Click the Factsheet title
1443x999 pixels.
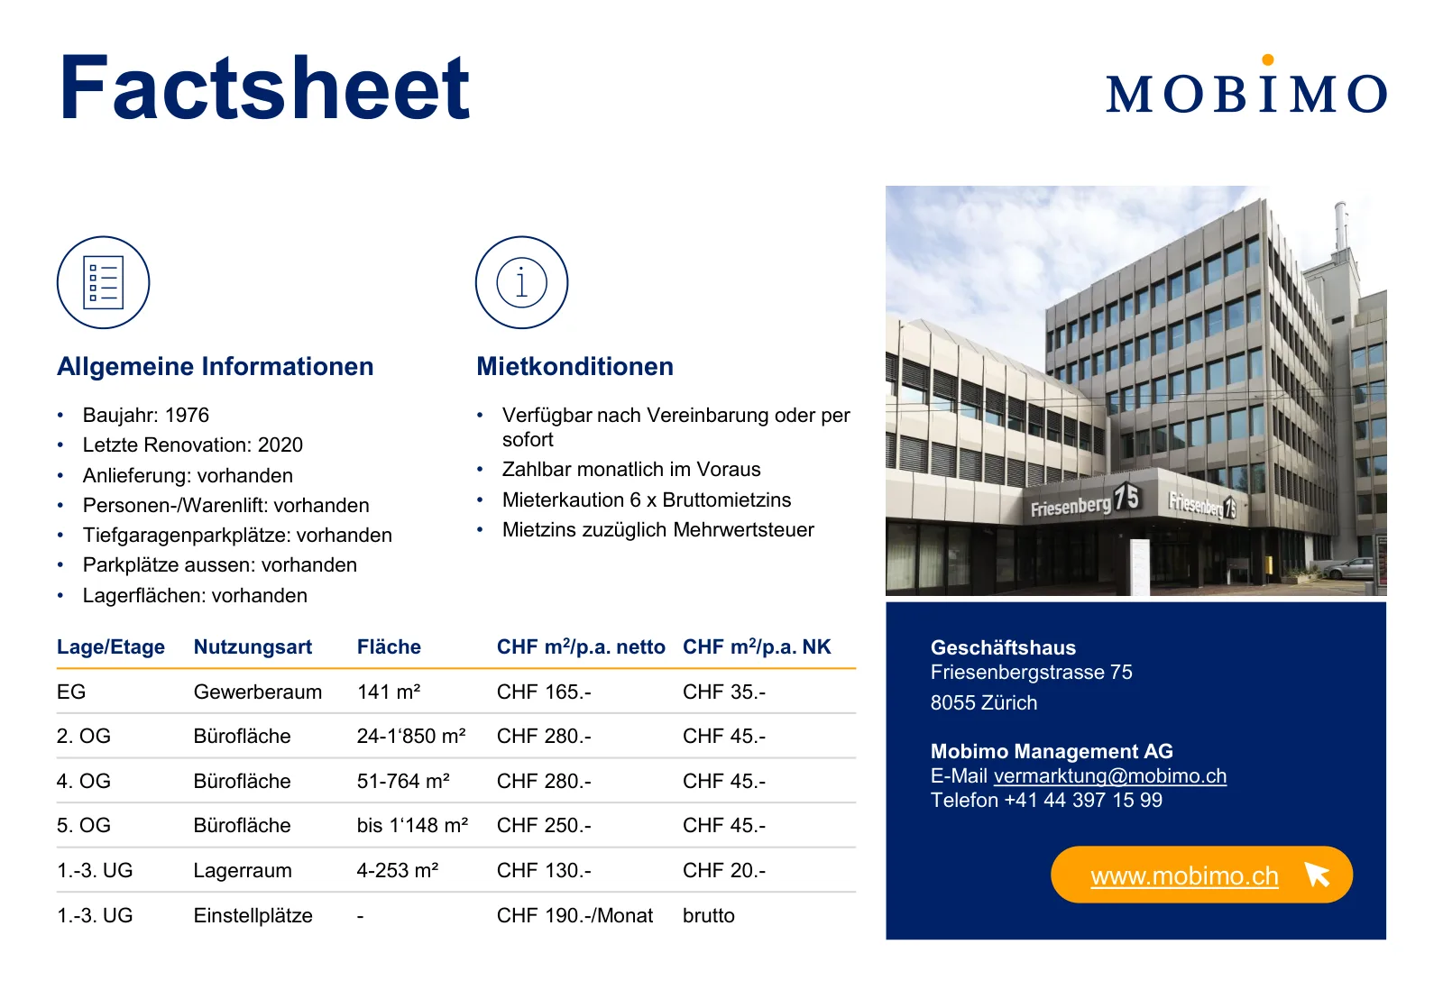pyautogui.click(x=265, y=88)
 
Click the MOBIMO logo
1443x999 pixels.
pyautogui.click(x=1246, y=86)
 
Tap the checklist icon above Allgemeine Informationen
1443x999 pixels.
pyautogui.click(x=103, y=283)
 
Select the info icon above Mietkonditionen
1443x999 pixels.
pyautogui.click(x=522, y=283)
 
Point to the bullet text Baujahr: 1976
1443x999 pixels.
pyautogui.click(x=145, y=415)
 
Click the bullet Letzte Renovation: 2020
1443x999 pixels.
pyautogui.click(x=193, y=445)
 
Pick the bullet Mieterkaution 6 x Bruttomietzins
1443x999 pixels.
pyautogui.click(x=646, y=499)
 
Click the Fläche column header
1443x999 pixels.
pyautogui.click(x=389, y=646)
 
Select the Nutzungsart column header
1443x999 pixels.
pyautogui.click(x=253, y=646)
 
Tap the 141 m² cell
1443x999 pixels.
pyautogui.click(x=389, y=692)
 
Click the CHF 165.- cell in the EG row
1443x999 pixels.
pyautogui.click(x=544, y=692)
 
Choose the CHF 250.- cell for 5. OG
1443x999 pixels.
pyautogui.click(x=544, y=825)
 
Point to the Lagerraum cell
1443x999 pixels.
pyautogui.click(x=243, y=870)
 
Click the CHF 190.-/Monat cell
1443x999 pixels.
pyautogui.click(x=574, y=915)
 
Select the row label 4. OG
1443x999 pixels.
pyautogui.click(x=84, y=781)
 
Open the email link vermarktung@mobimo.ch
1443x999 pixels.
pyautogui.click(x=1110, y=776)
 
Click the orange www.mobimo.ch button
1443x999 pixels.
pyautogui.click(x=1201, y=875)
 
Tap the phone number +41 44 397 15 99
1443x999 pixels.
pyautogui.click(x=1083, y=800)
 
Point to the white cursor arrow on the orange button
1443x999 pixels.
pyautogui.click(x=1318, y=875)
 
